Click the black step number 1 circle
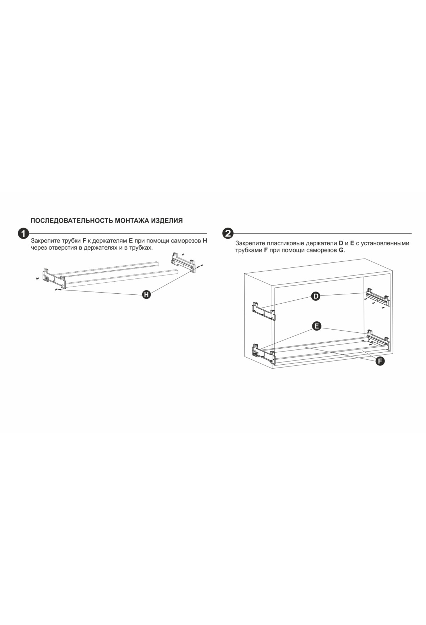[23, 234]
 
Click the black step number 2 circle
[228, 234]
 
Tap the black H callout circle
[146, 294]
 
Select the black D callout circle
[316, 296]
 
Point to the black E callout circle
[316, 326]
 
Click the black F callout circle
[380, 361]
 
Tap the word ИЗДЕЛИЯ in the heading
[167, 221]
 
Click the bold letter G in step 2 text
[341, 250]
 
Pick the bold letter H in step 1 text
[205, 240]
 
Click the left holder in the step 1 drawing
[54, 278]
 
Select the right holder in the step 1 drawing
[184, 262]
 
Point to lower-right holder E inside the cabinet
[379, 338]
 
